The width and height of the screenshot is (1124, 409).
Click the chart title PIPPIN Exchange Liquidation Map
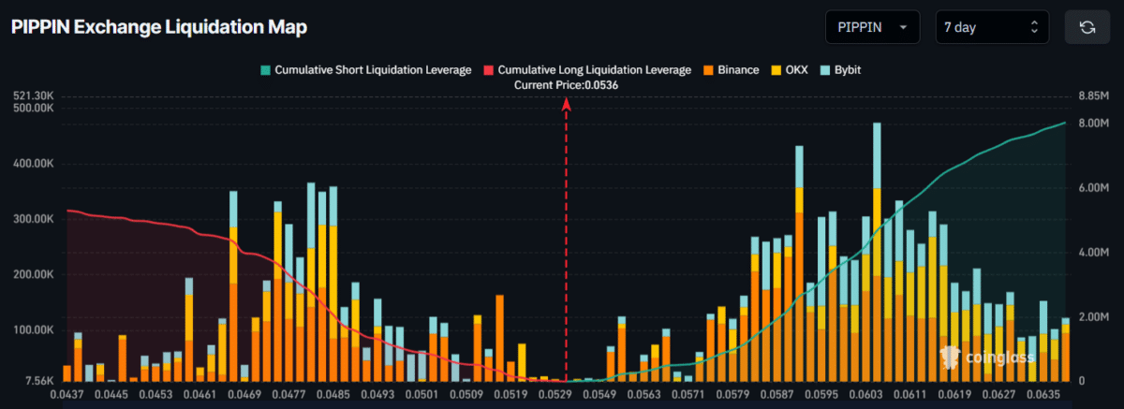(159, 27)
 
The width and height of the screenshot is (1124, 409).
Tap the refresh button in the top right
(1087, 27)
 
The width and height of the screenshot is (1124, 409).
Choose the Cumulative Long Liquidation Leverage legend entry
(587, 70)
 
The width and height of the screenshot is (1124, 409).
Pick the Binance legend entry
(731, 70)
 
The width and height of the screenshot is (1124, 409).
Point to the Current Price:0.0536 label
(566, 85)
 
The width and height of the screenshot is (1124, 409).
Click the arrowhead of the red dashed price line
(566, 105)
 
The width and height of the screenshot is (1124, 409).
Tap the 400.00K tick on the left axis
(34, 164)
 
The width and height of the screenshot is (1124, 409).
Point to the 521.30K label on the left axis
(34, 95)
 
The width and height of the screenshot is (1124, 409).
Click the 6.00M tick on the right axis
(1091, 188)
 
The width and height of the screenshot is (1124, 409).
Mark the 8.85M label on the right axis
(1091, 95)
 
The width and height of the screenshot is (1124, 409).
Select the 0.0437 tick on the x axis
(67, 394)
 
